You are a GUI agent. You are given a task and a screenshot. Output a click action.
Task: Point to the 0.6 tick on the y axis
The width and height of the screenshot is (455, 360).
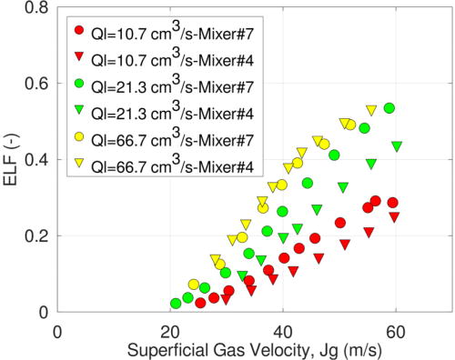40,84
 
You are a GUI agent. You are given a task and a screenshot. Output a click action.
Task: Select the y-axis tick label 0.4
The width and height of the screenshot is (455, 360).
40,160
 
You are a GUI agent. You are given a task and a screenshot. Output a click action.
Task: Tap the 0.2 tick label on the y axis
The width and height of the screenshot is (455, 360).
40,236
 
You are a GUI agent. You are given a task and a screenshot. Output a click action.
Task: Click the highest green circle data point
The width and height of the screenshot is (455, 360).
389,108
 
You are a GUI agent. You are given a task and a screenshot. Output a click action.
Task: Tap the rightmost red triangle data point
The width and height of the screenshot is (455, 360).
394,217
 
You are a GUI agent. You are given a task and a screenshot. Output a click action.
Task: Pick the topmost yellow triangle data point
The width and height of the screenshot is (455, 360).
371,110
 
